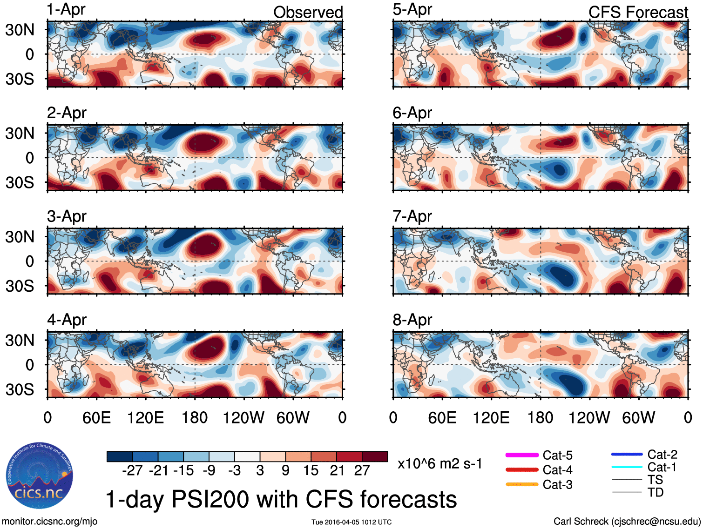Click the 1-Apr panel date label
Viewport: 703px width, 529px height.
click(66, 10)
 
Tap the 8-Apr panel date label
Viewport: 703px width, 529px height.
click(412, 320)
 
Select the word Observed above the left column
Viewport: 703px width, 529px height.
click(308, 12)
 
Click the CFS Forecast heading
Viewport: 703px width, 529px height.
click(638, 12)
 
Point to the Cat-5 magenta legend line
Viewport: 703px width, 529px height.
click(522, 455)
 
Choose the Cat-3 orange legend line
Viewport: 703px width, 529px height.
click(522, 484)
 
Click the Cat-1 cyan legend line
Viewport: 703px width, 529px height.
click(627, 467)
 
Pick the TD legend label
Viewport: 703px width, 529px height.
click(656, 492)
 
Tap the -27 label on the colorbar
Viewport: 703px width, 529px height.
click(132, 470)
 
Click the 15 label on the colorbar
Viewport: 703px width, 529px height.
click(311, 470)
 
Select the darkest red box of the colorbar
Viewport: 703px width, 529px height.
click(375, 456)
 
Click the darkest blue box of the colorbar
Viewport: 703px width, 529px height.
click(120, 456)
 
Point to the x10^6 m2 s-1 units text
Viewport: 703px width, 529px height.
click(439, 464)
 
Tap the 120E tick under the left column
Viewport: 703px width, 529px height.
click(145, 418)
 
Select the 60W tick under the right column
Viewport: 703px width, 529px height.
click(638, 418)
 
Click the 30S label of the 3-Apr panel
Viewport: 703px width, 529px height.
click(20, 286)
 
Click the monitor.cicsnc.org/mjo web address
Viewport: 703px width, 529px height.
click(49, 522)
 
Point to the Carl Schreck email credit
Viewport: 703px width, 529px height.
click(627, 522)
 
